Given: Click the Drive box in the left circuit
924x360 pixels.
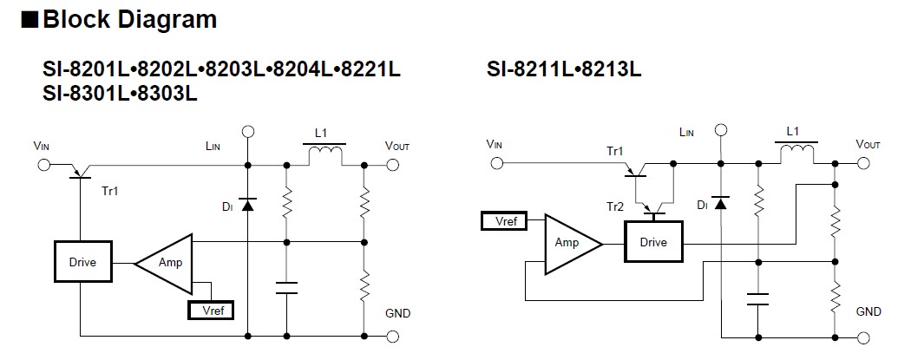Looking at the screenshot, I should point(82,261).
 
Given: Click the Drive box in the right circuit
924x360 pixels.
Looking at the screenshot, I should point(653,242).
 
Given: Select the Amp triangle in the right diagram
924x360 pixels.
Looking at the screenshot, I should point(568,243).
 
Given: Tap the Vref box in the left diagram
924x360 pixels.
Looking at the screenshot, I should point(211,309).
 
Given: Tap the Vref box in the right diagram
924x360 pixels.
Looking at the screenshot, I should point(504,221).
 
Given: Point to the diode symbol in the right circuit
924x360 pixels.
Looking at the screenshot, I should point(720,203).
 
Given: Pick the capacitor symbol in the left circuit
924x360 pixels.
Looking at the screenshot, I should point(285,287).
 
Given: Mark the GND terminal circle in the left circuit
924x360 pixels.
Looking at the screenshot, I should point(393,335).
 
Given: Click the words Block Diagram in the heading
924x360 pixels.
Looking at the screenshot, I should point(129,19).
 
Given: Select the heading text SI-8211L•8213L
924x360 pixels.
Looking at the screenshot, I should point(564,69).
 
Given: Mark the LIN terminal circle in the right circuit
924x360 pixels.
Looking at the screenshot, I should point(719,131).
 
